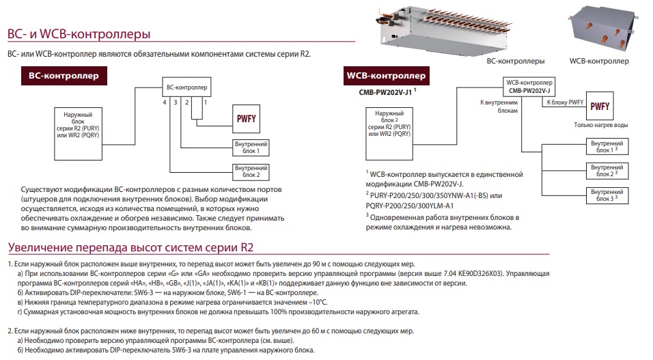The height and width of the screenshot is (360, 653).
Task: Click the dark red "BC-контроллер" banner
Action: click(x=64, y=76)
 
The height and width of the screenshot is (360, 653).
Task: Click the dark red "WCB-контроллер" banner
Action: click(x=386, y=76)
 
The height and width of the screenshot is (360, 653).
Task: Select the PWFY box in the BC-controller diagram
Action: click(x=246, y=119)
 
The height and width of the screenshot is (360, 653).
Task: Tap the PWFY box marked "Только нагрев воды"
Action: click(x=600, y=107)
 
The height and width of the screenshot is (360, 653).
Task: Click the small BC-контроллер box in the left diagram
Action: click(x=186, y=87)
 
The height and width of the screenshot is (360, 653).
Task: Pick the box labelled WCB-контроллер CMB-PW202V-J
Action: click(x=529, y=87)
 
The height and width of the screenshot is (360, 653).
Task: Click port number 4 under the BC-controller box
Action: click(x=165, y=102)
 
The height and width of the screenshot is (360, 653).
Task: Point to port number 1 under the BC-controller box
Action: click(x=206, y=102)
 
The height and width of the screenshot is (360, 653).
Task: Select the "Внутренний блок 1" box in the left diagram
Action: click(x=251, y=148)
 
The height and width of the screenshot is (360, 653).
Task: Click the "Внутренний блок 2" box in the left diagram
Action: click(x=251, y=171)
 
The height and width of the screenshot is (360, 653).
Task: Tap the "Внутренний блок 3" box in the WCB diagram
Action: click(x=607, y=195)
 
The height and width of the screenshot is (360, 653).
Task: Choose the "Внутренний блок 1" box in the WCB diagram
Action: click(x=607, y=147)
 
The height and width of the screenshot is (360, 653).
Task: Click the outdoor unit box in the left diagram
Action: click(x=79, y=134)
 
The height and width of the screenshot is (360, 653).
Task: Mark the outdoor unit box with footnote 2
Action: click(x=389, y=134)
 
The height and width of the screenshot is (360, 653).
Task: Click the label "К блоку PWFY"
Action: click(x=565, y=102)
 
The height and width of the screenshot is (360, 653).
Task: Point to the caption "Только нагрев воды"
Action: click(x=601, y=125)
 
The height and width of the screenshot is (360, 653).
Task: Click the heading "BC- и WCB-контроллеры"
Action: click(x=79, y=33)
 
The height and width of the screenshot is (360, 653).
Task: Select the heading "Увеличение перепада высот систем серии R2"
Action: click(x=130, y=247)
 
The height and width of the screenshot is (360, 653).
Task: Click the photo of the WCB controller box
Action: click(x=602, y=31)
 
